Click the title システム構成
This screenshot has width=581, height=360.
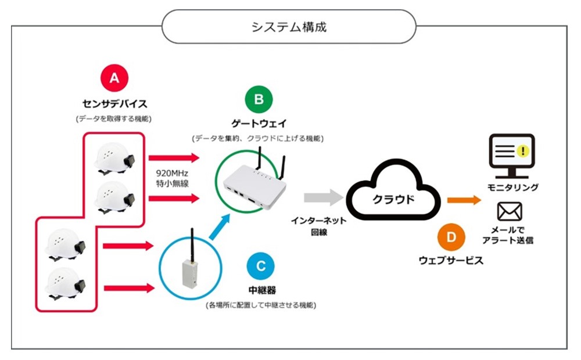click(289, 27)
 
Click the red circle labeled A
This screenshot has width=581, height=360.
click(114, 78)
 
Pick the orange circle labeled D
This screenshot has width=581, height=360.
click(451, 237)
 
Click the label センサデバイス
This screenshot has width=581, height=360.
click(114, 105)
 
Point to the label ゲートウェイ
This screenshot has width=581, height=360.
click(258, 124)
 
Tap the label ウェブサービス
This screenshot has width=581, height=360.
click(451, 261)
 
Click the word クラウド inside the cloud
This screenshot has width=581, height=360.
click(393, 199)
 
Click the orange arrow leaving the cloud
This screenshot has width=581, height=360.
click(464, 200)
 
